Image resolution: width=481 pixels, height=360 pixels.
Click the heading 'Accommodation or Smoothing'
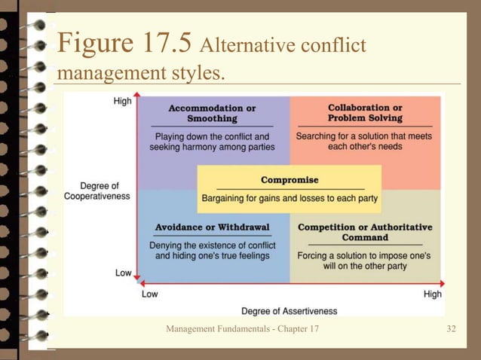coord(212,113)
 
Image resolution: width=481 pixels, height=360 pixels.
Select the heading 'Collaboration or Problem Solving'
coord(365,113)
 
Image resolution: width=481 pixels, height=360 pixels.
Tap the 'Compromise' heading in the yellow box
coord(290,180)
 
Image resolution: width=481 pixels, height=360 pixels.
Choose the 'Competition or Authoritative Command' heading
coord(365,232)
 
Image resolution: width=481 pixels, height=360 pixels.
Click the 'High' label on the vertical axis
coord(122,102)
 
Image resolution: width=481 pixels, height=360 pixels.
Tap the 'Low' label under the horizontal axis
coord(150,294)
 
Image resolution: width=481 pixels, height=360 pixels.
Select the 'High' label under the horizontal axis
coord(432,294)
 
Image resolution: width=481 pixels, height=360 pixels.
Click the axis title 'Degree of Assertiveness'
coord(289,311)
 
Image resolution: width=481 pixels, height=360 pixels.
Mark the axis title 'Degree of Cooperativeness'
coord(97,191)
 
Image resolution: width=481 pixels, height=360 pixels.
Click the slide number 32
coord(451,330)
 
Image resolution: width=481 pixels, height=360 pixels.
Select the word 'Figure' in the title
coord(93,44)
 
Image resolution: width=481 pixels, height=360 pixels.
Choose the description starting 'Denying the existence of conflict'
coord(211,250)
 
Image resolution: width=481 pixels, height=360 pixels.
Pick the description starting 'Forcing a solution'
coord(364,261)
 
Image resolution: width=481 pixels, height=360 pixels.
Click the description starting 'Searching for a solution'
coord(365,142)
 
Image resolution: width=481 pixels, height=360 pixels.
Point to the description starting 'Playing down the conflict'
coord(212,142)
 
